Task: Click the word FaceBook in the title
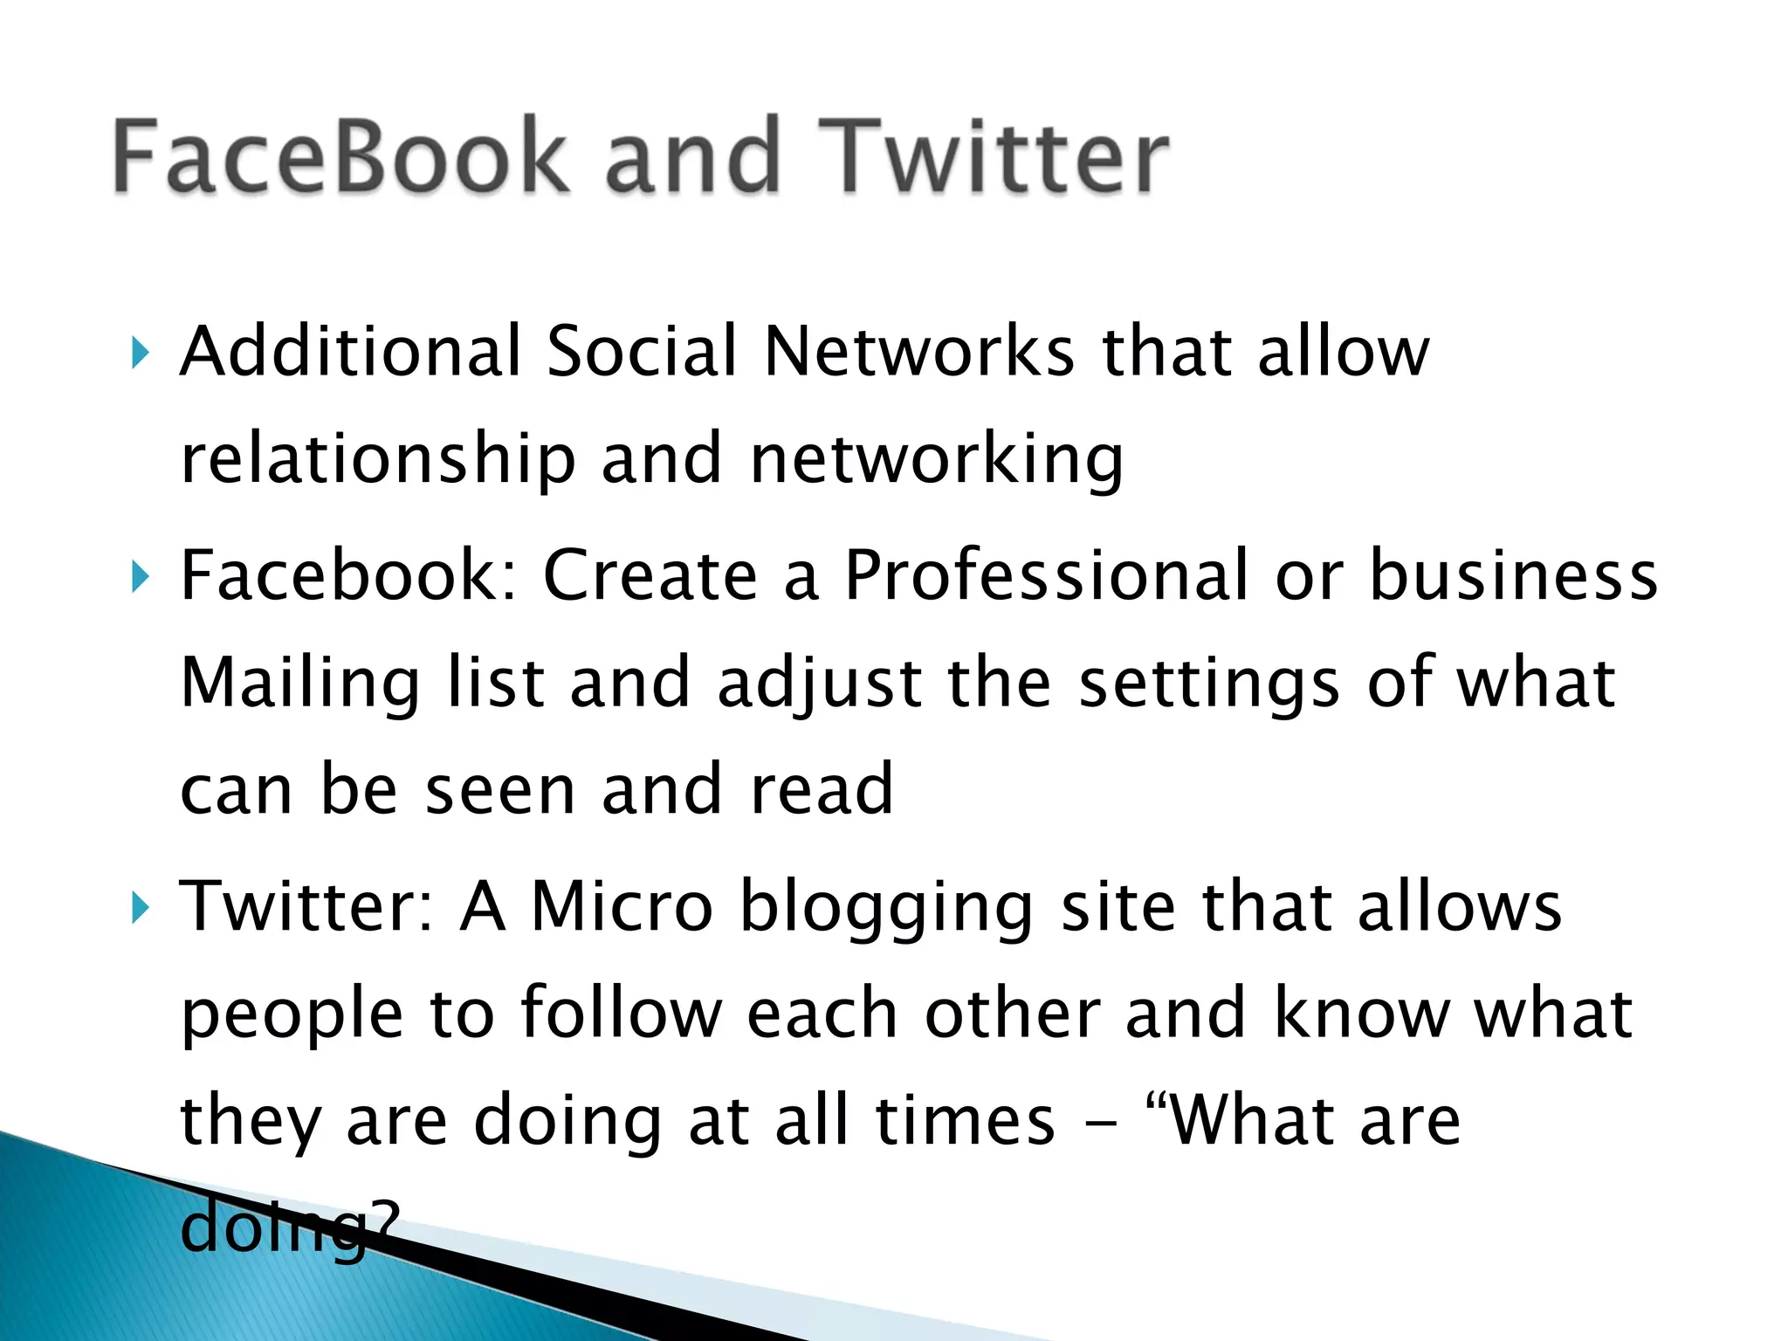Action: (x=340, y=157)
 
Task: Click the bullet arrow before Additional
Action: (x=139, y=354)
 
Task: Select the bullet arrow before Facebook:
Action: (x=139, y=577)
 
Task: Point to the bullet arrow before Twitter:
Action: (x=139, y=908)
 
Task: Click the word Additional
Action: (x=350, y=351)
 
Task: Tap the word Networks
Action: (x=918, y=351)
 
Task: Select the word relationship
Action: (x=377, y=460)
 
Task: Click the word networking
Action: (x=936, y=460)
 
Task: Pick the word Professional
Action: (x=1046, y=575)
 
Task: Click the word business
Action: (x=1513, y=575)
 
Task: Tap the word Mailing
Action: (x=300, y=684)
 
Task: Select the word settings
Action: (x=1208, y=684)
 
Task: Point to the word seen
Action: (x=499, y=790)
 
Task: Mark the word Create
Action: (x=650, y=575)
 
